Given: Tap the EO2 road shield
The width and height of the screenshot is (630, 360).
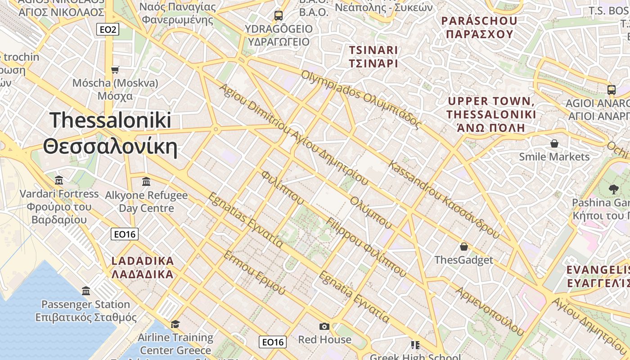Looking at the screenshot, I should coord(108,30).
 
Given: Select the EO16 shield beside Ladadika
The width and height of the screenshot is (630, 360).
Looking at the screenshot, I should coord(125,234).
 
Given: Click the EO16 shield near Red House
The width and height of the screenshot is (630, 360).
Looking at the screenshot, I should coord(273,342).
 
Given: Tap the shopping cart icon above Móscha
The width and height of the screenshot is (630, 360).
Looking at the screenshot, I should coord(115,70).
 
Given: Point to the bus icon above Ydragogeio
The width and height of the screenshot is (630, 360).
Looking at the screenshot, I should coord(279,16).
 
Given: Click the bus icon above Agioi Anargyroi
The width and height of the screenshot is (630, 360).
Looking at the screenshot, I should coord(612,90).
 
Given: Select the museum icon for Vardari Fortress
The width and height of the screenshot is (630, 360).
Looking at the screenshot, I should coord(59,181).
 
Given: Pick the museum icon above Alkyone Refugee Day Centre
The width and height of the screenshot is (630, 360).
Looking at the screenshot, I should coord(146,182).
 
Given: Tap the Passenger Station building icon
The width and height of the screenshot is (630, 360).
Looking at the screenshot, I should coord(86,291).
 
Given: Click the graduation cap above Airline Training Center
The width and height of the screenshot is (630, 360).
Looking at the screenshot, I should coord(175,324).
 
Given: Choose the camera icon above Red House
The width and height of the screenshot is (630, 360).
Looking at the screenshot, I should coord(324,326).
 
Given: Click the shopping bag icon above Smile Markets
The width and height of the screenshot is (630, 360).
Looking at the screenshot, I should coord(554,144).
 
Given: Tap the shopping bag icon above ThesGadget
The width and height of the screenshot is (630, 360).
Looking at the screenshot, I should coord(463,247).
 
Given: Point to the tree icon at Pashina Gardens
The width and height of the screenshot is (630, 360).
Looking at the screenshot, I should coord(613,189).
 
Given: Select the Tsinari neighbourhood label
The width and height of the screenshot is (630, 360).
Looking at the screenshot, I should coord(373,56).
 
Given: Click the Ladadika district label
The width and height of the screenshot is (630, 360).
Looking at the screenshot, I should coord(143,268).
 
